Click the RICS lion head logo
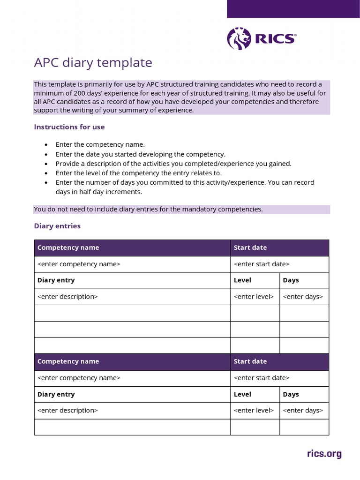point(239,38)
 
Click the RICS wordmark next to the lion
point(275,39)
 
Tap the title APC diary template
point(93,63)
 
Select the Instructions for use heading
point(69,127)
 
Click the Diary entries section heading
point(57,226)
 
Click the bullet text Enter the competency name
point(100,145)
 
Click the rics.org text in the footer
point(324,454)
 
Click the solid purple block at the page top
point(293,9)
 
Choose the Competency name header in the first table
point(68,247)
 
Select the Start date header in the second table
point(250,361)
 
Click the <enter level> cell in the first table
point(254,297)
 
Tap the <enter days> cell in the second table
point(303,411)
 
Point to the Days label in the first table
point(291,280)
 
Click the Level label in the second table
point(242,394)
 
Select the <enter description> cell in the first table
point(67,297)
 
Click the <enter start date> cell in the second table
point(262,378)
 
